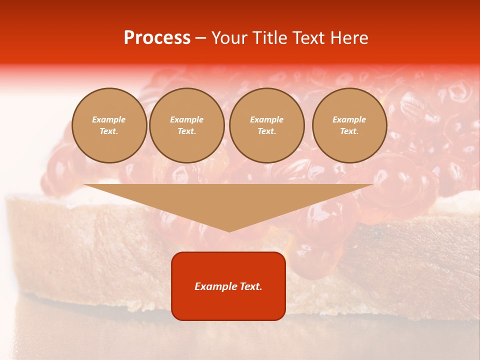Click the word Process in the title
click(x=157, y=38)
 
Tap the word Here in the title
click(x=348, y=38)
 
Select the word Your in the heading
click(x=230, y=38)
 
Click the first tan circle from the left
click(x=109, y=125)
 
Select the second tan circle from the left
click(x=187, y=125)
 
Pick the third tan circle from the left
click(x=267, y=125)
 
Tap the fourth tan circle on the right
click(x=349, y=125)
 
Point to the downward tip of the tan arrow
click(x=229, y=230)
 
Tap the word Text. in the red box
click(x=250, y=286)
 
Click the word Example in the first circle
click(x=109, y=119)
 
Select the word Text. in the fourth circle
click(x=349, y=131)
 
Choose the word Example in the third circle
click(x=267, y=119)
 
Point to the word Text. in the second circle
click(x=187, y=131)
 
